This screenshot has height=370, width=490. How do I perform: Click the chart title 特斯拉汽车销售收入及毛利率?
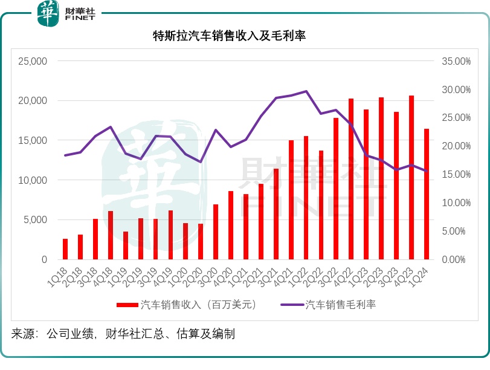[x=229, y=36]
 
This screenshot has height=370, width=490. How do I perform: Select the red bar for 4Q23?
[x=411, y=177]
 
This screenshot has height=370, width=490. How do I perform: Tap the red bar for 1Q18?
[x=65, y=249]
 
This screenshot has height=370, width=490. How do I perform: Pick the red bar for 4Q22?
[x=351, y=179]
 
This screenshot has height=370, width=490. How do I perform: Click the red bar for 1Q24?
[x=427, y=194]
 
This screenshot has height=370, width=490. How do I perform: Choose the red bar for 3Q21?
[x=276, y=214]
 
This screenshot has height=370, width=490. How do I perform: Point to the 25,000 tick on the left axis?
[x=33, y=61]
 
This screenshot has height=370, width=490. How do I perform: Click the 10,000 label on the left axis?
[x=33, y=180]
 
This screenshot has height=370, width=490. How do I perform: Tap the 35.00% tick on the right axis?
[x=456, y=61]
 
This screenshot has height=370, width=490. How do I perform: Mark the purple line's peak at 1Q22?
[x=306, y=91]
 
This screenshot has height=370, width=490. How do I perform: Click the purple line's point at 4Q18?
[x=110, y=127]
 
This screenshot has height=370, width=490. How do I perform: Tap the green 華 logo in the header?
[x=48, y=13]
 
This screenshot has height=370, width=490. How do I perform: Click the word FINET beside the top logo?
[x=80, y=19]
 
